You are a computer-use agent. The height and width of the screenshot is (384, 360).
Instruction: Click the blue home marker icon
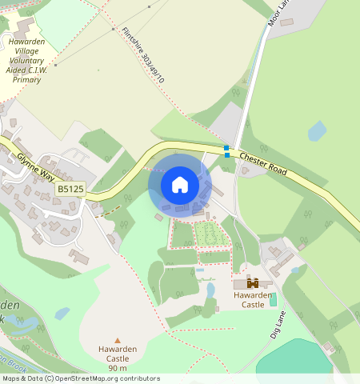pos(180,185)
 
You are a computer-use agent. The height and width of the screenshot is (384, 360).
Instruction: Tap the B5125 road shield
pos(70,189)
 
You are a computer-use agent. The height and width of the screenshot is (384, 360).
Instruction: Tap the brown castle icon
pos(253,282)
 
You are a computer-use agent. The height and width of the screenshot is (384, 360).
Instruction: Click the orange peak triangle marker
pos(118,340)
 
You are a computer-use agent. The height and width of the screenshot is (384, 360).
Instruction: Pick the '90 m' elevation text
pos(118,368)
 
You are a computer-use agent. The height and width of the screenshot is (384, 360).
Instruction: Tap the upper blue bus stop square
pos(227,147)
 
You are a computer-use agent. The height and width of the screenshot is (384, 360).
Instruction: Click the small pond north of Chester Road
pos(317,131)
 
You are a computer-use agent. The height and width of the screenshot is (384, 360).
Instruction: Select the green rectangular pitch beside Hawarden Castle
pos(273,300)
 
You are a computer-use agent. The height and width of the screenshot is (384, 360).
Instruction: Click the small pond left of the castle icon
pos(210,290)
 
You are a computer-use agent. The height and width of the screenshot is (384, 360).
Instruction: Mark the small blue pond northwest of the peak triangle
pos(62,313)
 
